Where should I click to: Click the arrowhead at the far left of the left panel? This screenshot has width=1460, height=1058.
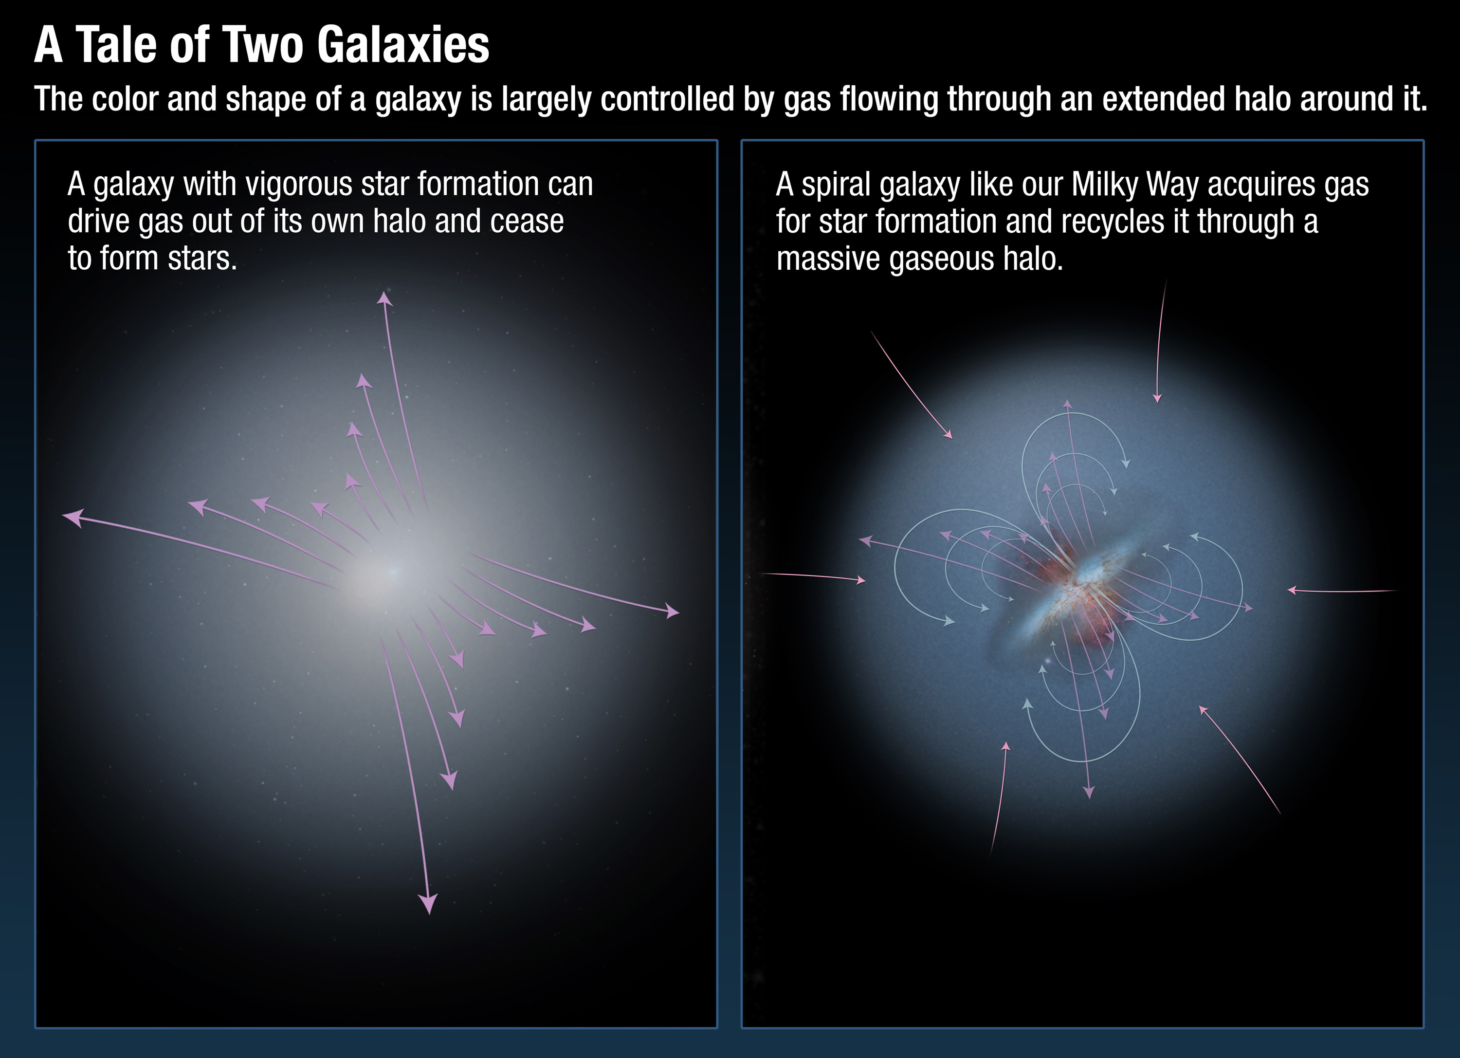(x=73, y=517)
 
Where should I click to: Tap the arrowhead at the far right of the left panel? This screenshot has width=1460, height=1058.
(x=672, y=611)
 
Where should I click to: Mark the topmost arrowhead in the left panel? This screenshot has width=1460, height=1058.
(x=384, y=297)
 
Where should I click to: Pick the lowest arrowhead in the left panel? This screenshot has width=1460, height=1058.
(x=428, y=904)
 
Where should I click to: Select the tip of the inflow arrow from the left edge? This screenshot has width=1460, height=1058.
(x=866, y=581)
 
